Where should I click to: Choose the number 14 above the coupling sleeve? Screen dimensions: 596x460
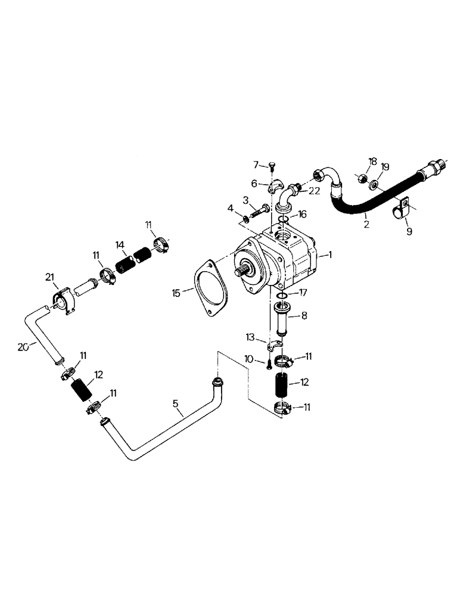click(120, 244)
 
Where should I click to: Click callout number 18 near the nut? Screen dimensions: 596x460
click(373, 162)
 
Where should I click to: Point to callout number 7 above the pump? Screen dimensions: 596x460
click(256, 164)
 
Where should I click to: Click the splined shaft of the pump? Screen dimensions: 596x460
click(240, 273)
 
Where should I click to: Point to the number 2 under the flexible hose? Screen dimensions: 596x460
click(366, 225)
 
